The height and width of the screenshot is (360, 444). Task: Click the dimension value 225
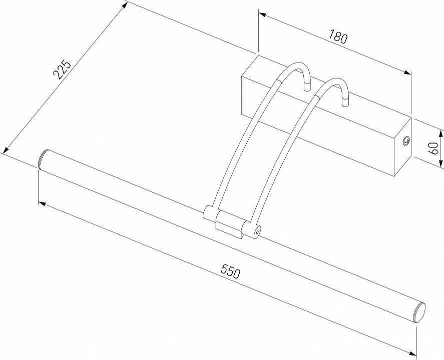[64, 70]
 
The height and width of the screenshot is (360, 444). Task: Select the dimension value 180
[338, 37]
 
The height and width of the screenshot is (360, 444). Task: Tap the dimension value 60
[434, 147]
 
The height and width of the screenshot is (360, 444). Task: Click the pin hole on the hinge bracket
[256, 231]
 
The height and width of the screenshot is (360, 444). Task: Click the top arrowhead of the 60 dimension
[440, 132]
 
